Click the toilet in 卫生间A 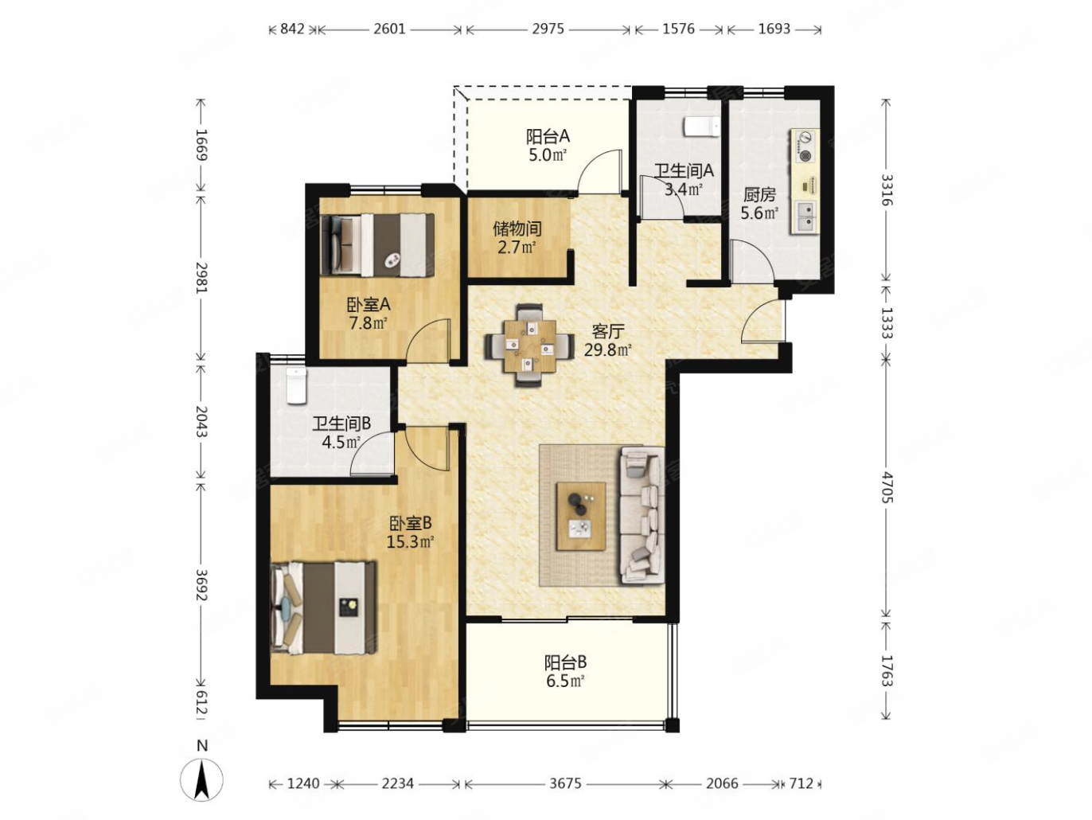pyautogui.click(x=700, y=127)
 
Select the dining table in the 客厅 pyautogui.click(x=528, y=346)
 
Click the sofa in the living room pyautogui.click(x=641, y=515)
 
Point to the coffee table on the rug pyautogui.click(x=580, y=516)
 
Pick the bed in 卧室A pyautogui.click(x=377, y=245)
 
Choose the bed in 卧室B pyautogui.click(x=323, y=607)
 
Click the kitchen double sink pyautogui.click(x=802, y=217)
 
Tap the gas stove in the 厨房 pyautogui.click(x=803, y=146)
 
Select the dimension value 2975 pyautogui.click(x=548, y=29)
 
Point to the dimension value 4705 pyautogui.click(x=886, y=489)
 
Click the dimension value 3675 pyautogui.click(x=565, y=783)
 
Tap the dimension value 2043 pyautogui.click(x=201, y=421)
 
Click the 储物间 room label pyautogui.click(x=517, y=229)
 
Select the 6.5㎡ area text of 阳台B pyautogui.click(x=565, y=681)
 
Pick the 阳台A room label pyautogui.click(x=548, y=136)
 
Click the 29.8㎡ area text pyautogui.click(x=608, y=349)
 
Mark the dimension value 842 pyautogui.click(x=291, y=29)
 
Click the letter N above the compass pyautogui.click(x=202, y=745)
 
